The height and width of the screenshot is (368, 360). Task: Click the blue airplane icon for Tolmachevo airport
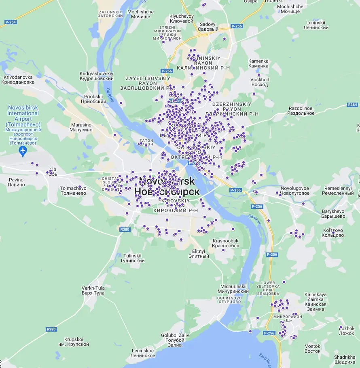pyautogui.click(x=23, y=151)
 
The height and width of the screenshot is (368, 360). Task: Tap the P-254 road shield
pyautogui.click(x=11, y=22)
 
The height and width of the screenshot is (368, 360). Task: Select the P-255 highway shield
pyautogui.click(x=237, y=26)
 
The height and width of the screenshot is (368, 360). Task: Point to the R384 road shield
pyautogui.click(x=352, y=105)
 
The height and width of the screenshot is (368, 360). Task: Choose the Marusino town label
pyautogui.click(x=81, y=127)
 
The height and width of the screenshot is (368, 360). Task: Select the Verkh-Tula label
pyautogui.click(x=93, y=290)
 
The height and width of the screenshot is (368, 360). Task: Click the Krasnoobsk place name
pyautogui.click(x=226, y=243)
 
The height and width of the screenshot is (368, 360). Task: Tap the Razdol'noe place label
pyautogui.click(x=301, y=111)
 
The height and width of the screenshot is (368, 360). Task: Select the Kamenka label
pyautogui.click(x=258, y=63)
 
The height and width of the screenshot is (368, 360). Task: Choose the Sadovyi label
pyautogui.click(x=208, y=27)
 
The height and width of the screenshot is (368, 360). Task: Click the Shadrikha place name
pyautogui.click(x=345, y=360)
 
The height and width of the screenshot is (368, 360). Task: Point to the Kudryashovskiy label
pyautogui.click(x=97, y=76)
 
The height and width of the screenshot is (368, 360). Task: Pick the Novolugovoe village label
pyautogui.click(x=295, y=191)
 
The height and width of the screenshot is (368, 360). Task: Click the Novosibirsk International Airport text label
pyautogui.click(x=23, y=119)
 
